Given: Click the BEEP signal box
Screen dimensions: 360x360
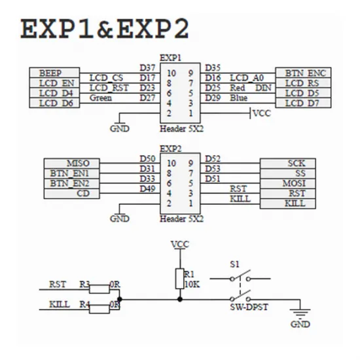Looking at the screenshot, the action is coord(54,73).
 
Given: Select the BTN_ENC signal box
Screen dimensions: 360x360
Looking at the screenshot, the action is coord(303,73).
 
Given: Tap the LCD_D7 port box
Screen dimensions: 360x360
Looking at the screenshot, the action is coord(303,103).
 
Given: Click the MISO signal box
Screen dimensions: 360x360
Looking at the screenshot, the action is coord(71,163).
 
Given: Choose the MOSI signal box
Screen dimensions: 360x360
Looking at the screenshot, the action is coord(288,183).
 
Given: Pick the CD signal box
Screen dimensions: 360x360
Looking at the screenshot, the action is coord(71,194).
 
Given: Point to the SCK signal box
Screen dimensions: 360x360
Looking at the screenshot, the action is coord(288,163).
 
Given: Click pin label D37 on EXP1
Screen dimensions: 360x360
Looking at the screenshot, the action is coord(148,68).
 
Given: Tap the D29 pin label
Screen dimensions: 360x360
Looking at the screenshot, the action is coord(213,98).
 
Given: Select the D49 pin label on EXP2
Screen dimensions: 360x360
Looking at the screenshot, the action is coord(148,189).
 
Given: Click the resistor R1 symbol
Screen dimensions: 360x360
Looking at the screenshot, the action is coord(180,278).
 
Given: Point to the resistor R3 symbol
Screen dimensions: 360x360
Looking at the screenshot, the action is coord(99,289).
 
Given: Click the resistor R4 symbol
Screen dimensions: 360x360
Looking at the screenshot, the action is coord(99,309).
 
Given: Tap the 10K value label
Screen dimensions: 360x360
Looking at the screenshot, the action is coord(192,285).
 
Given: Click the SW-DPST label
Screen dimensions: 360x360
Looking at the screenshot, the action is coord(249,307).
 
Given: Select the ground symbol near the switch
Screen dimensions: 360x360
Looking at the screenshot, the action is coord(300,314).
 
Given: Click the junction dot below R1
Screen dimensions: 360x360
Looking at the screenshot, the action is coord(180,299).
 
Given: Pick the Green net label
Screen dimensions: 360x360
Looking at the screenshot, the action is coord(101,98).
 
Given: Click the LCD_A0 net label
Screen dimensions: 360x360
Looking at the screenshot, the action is coord(247,78).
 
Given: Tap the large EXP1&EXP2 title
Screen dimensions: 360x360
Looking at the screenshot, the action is coord(105,29).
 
